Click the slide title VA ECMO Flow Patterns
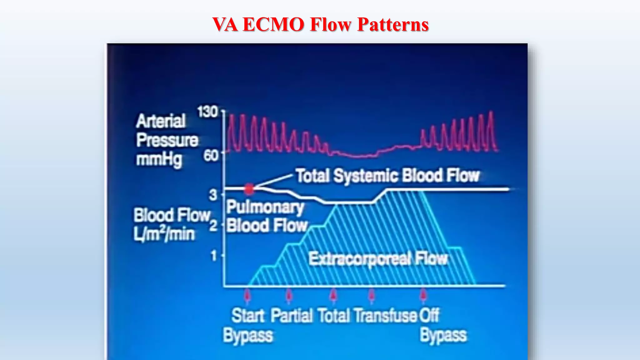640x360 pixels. tap(320, 24)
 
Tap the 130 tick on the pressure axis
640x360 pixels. tap(207, 112)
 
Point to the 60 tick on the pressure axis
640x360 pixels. tap(211, 155)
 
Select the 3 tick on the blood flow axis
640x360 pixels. tap(213, 195)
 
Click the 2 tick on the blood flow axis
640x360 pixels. tap(213, 225)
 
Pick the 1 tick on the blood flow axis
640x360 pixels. tap(214, 256)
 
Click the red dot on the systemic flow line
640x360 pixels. tap(249, 189)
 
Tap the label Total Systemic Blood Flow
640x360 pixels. tap(387, 176)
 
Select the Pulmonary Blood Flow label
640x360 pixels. tap(266, 216)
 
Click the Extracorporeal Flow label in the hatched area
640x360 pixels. tap(378, 259)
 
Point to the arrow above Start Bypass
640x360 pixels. tap(247, 295)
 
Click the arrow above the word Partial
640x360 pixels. tap(289, 295)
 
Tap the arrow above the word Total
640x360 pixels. tap(333, 295)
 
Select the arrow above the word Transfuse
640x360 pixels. tap(371, 295)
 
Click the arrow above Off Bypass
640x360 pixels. tap(423, 295)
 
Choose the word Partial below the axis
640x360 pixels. tap(292, 316)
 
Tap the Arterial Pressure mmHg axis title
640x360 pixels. tap(167, 140)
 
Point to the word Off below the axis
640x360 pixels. tap(429, 316)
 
